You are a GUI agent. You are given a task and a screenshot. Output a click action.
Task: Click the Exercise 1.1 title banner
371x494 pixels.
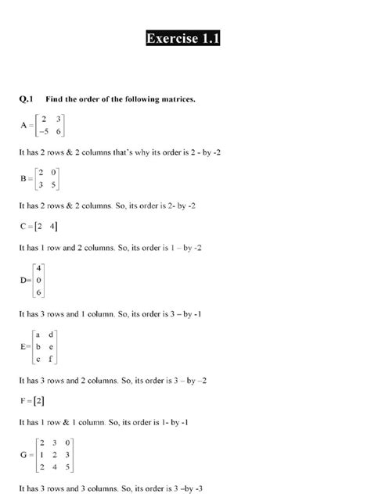click(182, 39)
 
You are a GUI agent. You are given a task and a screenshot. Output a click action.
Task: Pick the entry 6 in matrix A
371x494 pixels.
click(59, 132)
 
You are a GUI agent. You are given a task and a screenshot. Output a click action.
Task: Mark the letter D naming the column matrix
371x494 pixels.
click(21, 281)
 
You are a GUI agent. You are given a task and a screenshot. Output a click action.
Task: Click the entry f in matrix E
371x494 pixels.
click(50, 360)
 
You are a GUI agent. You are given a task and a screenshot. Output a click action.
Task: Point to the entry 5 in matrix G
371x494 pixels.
click(68, 467)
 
